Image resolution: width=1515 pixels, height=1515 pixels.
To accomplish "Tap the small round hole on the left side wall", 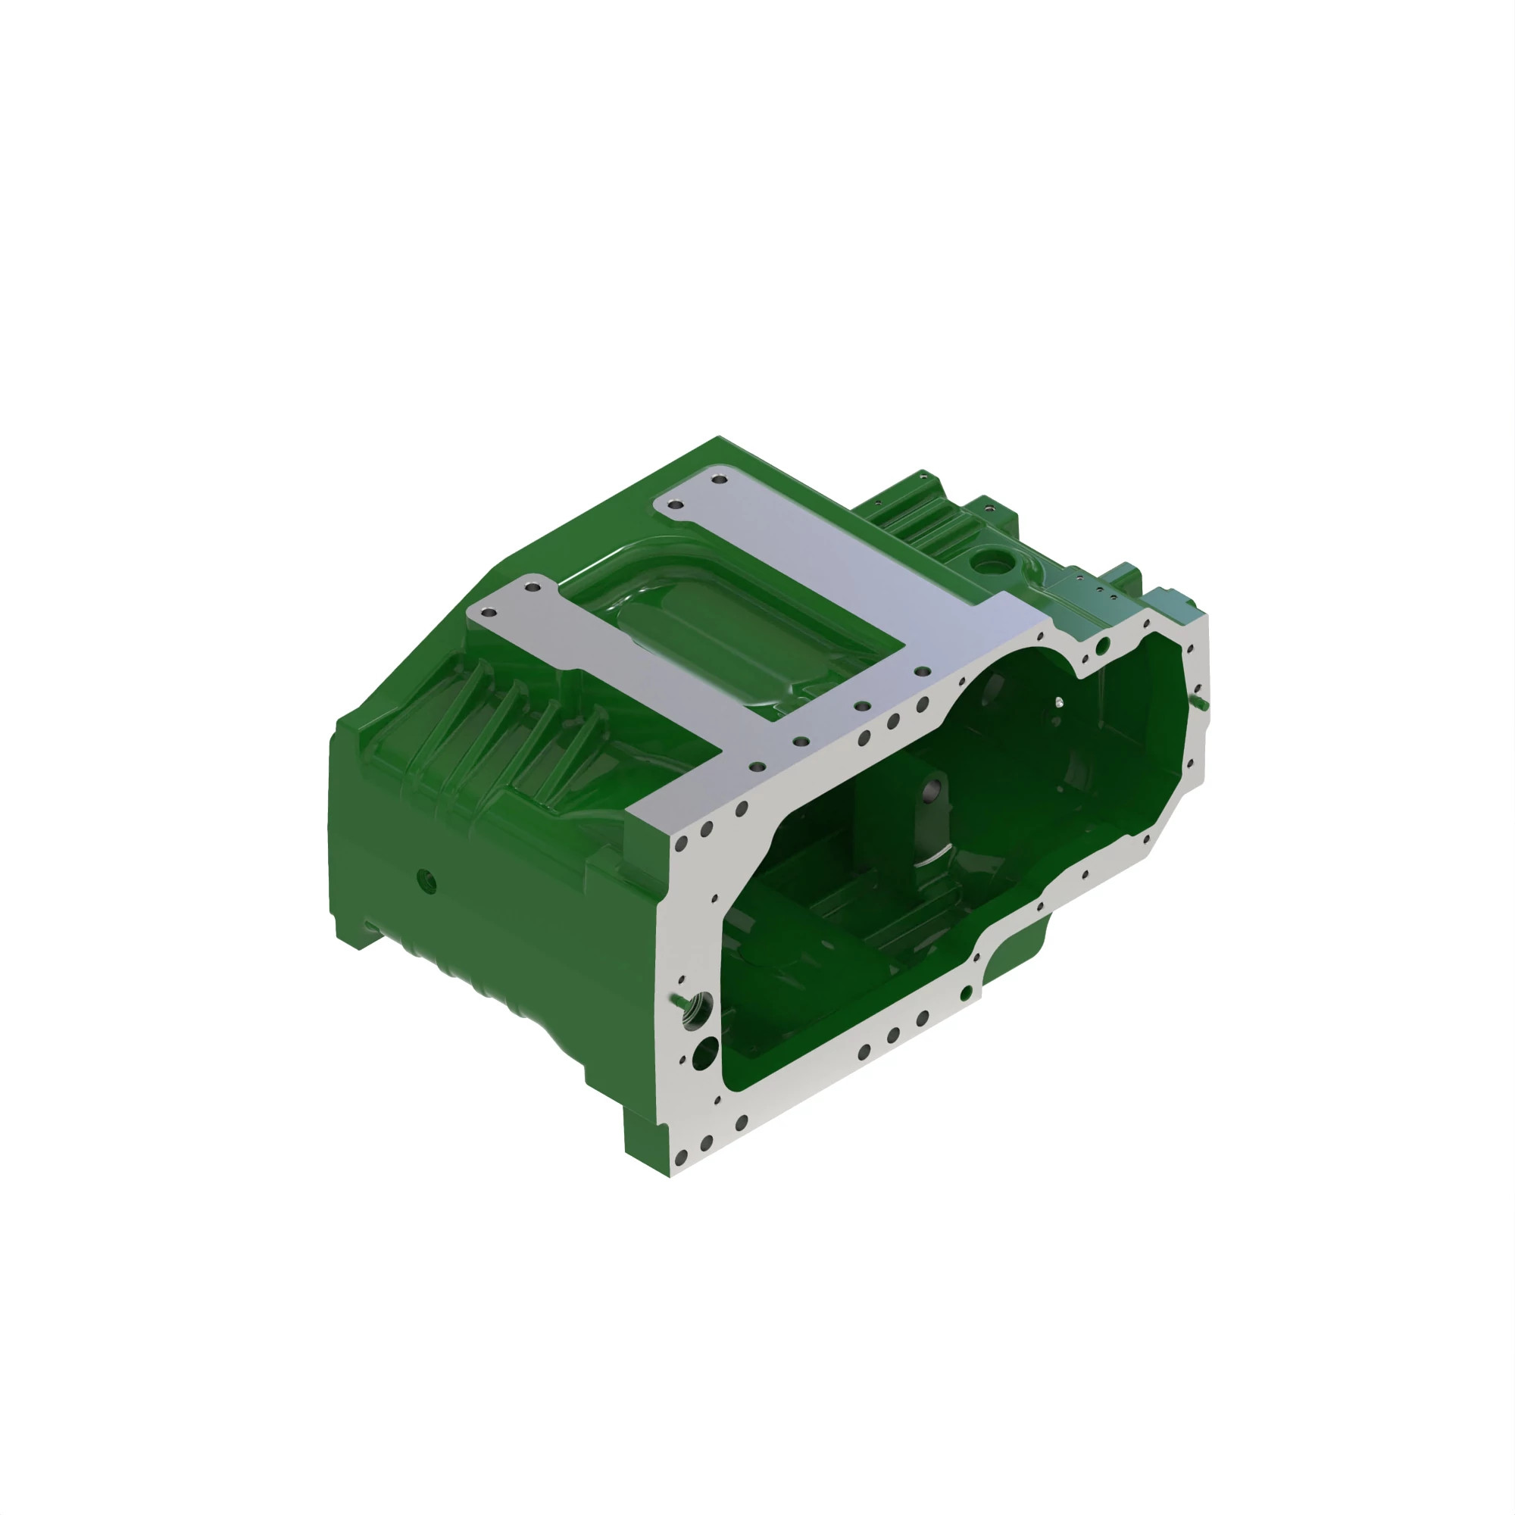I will pyautogui.click(x=425, y=879).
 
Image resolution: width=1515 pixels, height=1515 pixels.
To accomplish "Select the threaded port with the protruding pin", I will pyautogui.click(x=697, y=1008).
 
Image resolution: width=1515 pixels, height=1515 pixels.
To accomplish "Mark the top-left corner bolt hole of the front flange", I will pyautogui.click(x=681, y=845).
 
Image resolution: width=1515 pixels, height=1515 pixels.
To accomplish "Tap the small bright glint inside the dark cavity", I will pyautogui.click(x=1060, y=703).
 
